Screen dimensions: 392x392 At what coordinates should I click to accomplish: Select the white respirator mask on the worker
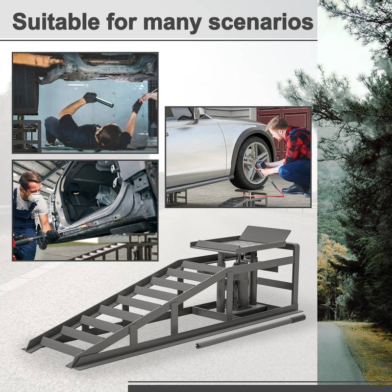[x=33, y=196]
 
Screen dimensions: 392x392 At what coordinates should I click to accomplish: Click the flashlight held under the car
[x=104, y=102]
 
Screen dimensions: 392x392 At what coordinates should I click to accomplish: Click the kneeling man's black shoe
[x=294, y=189]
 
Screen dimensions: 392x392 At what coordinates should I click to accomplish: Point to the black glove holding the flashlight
[x=90, y=98]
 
